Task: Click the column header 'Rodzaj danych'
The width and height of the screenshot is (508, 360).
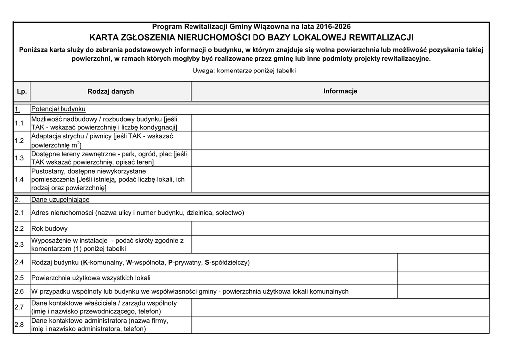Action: (111, 91)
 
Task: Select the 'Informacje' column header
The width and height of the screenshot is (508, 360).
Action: (340, 91)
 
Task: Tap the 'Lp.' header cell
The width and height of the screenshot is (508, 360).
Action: (21, 91)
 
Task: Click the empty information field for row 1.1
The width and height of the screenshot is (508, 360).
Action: (340, 123)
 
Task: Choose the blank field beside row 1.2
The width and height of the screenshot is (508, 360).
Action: (340, 141)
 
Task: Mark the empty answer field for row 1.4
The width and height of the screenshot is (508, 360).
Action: (340, 179)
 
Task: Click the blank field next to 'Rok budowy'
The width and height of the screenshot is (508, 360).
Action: (340, 229)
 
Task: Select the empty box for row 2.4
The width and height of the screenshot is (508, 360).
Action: (443, 262)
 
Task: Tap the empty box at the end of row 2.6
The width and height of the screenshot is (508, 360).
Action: (443, 291)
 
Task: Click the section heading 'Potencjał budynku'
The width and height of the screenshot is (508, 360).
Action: (59, 109)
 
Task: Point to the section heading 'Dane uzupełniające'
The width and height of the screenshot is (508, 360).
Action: (61, 200)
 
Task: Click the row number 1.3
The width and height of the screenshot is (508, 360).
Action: (20, 158)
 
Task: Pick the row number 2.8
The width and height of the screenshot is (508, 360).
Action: (20, 325)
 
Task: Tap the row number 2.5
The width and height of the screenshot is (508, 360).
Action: (20, 278)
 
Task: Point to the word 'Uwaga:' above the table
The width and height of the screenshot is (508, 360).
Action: (203, 71)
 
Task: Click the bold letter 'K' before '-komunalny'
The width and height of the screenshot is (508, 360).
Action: (85, 262)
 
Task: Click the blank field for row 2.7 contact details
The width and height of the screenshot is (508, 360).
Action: (340, 307)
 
